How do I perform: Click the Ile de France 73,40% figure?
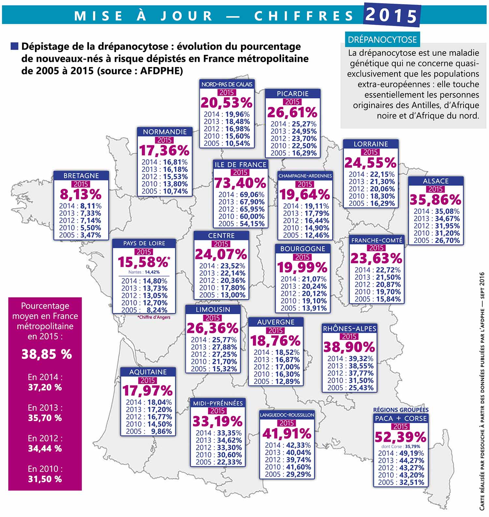point(240,183)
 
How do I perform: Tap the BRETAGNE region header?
point(81,176)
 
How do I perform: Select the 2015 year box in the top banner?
point(391,15)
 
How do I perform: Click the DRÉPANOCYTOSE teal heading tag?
point(382,40)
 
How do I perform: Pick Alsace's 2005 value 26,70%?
point(437,240)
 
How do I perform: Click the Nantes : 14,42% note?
point(144,272)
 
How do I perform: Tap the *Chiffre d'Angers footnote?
point(154,317)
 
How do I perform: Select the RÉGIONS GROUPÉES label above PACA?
point(401,410)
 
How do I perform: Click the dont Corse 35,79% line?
point(401,446)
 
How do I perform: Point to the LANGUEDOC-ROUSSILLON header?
point(287,415)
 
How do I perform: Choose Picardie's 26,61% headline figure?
point(292,112)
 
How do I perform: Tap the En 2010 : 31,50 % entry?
point(45,474)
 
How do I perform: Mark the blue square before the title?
point(14,46)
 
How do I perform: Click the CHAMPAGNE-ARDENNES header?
point(305,176)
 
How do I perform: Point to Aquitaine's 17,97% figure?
point(147,391)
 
